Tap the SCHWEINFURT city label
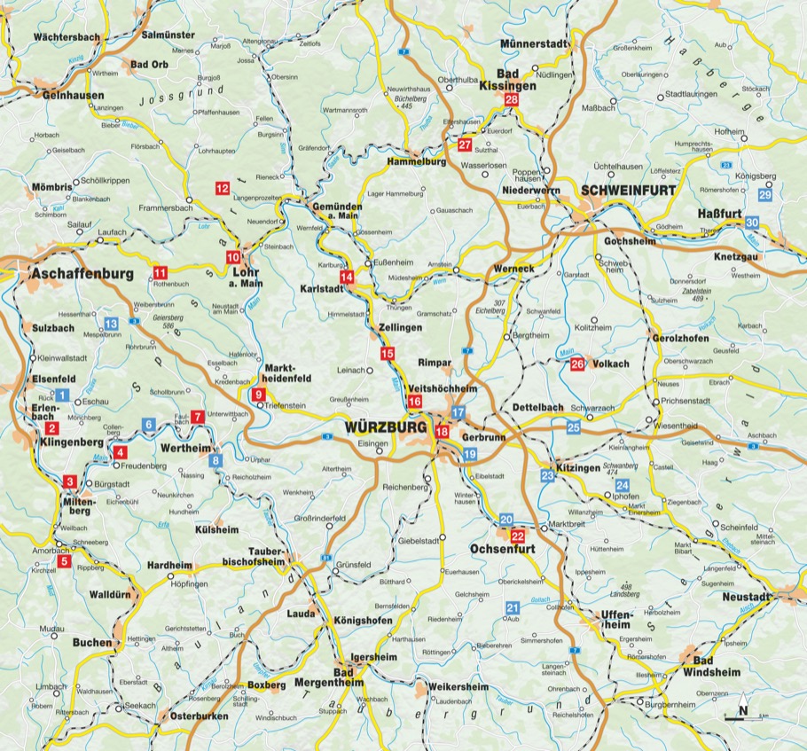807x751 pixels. click(x=628, y=190)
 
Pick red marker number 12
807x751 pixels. click(x=222, y=188)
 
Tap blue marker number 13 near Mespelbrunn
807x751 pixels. click(x=111, y=324)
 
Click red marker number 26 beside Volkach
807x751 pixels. click(x=577, y=364)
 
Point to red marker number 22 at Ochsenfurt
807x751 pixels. click(x=518, y=536)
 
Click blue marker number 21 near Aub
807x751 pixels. click(x=512, y=607)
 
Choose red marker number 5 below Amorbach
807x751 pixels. click(x=64, y=560)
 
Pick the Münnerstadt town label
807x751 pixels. click(x=532, y=43)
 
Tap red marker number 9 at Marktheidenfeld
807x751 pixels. click(x=258, y=395)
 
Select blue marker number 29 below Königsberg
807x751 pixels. click(x=765, y=195)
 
